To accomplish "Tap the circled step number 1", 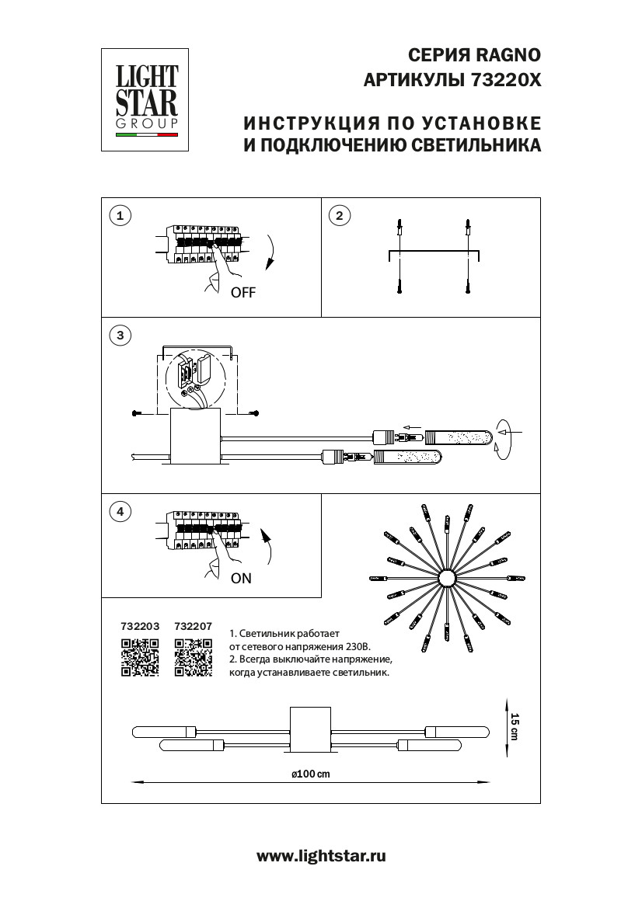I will click(119, 216).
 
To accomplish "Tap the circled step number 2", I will click(339, 216).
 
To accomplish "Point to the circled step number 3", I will click(119, 336).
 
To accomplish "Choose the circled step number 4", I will click(119, 511).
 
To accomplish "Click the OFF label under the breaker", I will click(242, 293).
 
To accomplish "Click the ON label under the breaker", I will click(241, 578).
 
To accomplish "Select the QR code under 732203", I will click(140, 657).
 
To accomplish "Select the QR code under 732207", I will click(194, 657).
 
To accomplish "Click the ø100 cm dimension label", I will click(310, 774).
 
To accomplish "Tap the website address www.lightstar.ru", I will click(321, 856).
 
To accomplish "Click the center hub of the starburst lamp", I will click(448, 579).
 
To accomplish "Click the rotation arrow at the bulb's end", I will click(506, 439).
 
